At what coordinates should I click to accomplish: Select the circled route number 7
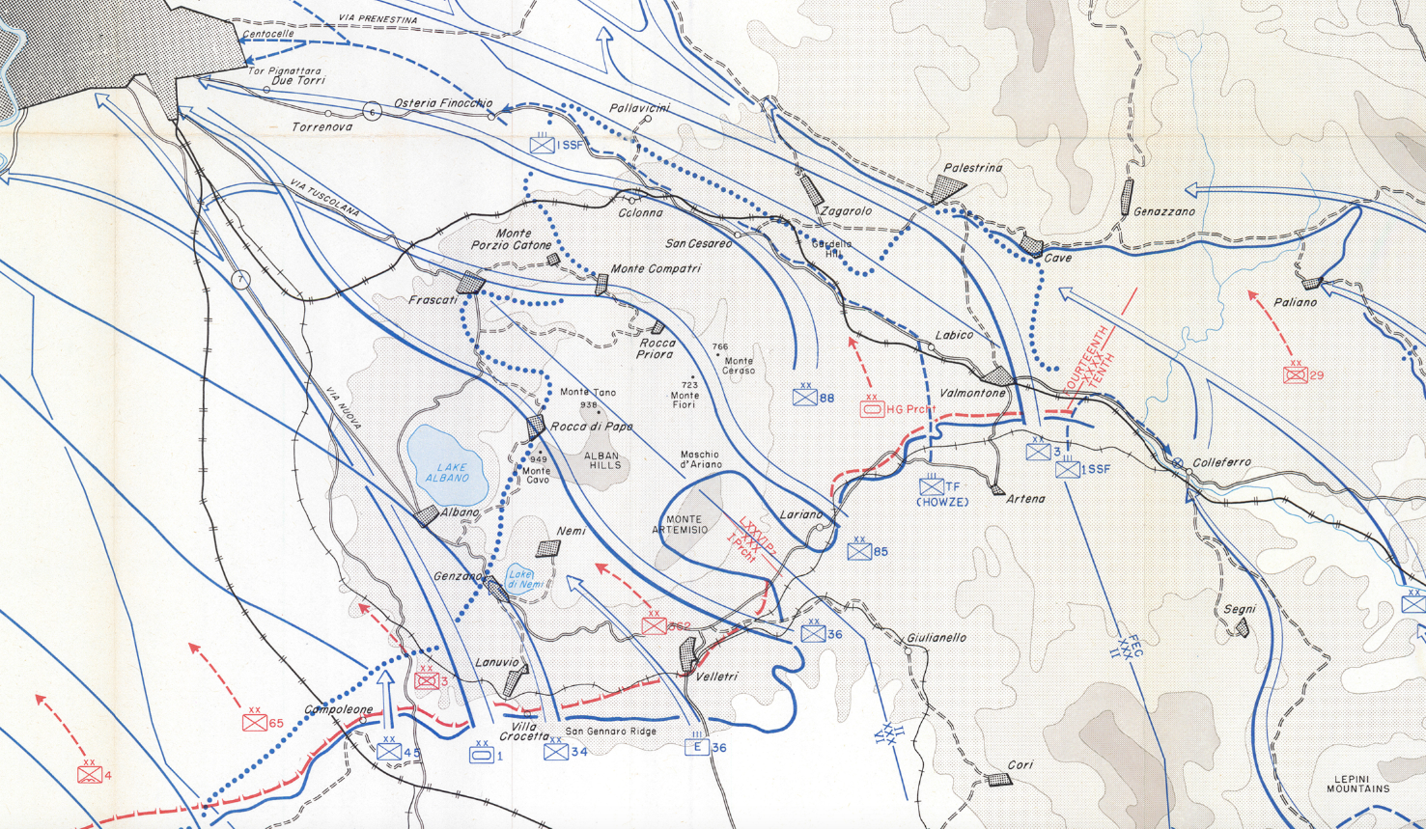click(x=241, y=280)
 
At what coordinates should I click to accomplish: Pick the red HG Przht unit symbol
click(x=872, y=409)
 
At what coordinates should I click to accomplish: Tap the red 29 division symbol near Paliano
click(x=1296, y=373)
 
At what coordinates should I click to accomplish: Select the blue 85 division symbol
click(x=859, y=551)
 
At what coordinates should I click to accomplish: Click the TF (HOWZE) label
click(x=941, y=494)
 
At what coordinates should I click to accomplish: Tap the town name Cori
click(x=1020, y=764)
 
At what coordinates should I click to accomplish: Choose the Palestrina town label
click(x=972, y=168)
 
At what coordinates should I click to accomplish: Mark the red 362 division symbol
click(x=654, y=625)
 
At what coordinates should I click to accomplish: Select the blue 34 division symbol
click(x=556, y=751)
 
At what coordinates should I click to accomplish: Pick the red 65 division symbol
click(x=254, y=723)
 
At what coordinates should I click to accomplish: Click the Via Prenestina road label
click(x=377, y=19)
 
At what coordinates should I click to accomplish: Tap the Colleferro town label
click(x=1221, y=462)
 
